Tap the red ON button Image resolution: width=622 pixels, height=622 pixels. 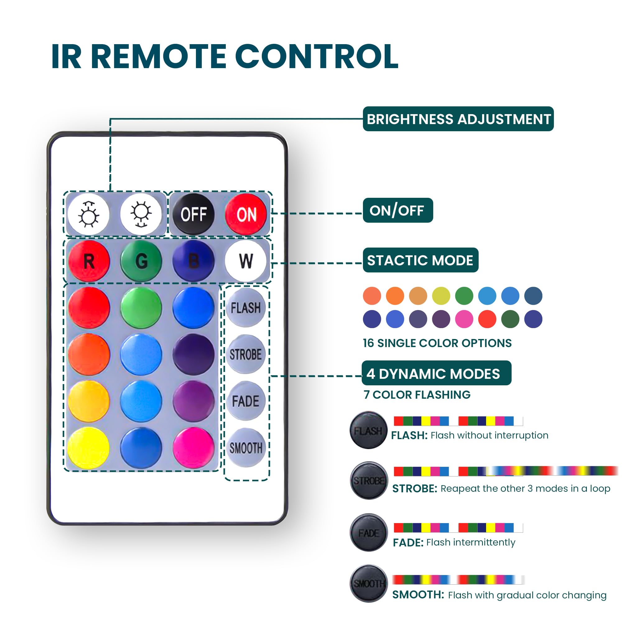coord(246,214)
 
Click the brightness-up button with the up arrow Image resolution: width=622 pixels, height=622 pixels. coord(89,214)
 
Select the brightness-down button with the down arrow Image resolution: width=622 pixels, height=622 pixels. coord(141,214)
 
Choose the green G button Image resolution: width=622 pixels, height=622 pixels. coord(141,261)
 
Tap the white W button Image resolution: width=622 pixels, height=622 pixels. coord(246,261)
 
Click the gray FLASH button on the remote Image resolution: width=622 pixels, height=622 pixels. coord(246,308)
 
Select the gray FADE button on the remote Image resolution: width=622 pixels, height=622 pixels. coord(246,401)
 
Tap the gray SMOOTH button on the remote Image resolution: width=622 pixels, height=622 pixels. coord(246,448)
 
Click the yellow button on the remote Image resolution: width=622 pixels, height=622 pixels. coord(88,448)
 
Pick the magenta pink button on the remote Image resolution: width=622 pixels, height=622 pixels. coord(193,448)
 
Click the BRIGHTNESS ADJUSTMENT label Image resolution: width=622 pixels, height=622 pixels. coord(458,119)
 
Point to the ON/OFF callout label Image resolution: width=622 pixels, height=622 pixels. coord(398,210)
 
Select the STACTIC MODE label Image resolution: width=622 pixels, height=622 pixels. coord(420,260)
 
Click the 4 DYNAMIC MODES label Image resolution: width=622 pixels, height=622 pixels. coord(437,373)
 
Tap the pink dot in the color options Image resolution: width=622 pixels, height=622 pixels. coord(464,319)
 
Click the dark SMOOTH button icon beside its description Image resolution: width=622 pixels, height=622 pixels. coord(369,583)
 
